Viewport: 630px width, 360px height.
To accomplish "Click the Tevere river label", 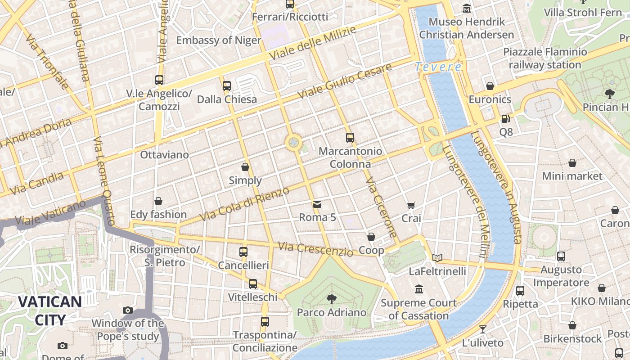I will pyautogui.click(x=438, y=67).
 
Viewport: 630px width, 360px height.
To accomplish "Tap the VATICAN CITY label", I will pyautogui.click(x=49, y=310).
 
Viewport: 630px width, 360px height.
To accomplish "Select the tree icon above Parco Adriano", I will pyautogui.click(x=332, y=299).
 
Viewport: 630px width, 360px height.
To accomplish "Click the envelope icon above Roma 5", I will pyautogui.click(x=317, y=204).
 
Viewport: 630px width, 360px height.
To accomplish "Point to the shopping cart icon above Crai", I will pyautogui.click(x=411, y=205).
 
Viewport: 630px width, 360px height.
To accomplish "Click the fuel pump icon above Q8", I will pyautogui.click(x=506, y=119).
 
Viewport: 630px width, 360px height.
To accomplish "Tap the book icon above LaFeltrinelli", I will pyautogui.click(x=437, y=258).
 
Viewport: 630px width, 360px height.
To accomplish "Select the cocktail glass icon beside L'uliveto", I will pyautogui.click(x=483, y=329).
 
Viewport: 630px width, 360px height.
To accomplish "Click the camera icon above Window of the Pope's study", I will pyautogui.click(x=128, y=310).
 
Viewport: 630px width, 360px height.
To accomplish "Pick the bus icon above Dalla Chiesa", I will pyautogui.click(x=227, y=85).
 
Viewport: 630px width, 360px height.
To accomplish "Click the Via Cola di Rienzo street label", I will pyautogui.click(x=244, y=204).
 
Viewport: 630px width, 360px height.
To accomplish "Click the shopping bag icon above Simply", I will pyautogui.click(x=245, y=167).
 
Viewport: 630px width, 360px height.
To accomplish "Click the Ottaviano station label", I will pyautogui.click(x=164, y=155).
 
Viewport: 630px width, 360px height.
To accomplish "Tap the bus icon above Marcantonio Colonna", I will pyautogui.click(x=350, y=138).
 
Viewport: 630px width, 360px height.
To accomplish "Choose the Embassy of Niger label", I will pyautogui.click(x=219, y=40).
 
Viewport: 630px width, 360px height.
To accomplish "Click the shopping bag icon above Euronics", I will pyautogui.click(x=490, y=86).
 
